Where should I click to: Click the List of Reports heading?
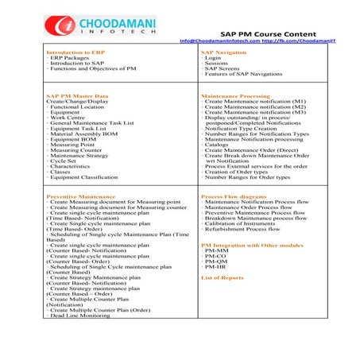[x=222, y=277]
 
